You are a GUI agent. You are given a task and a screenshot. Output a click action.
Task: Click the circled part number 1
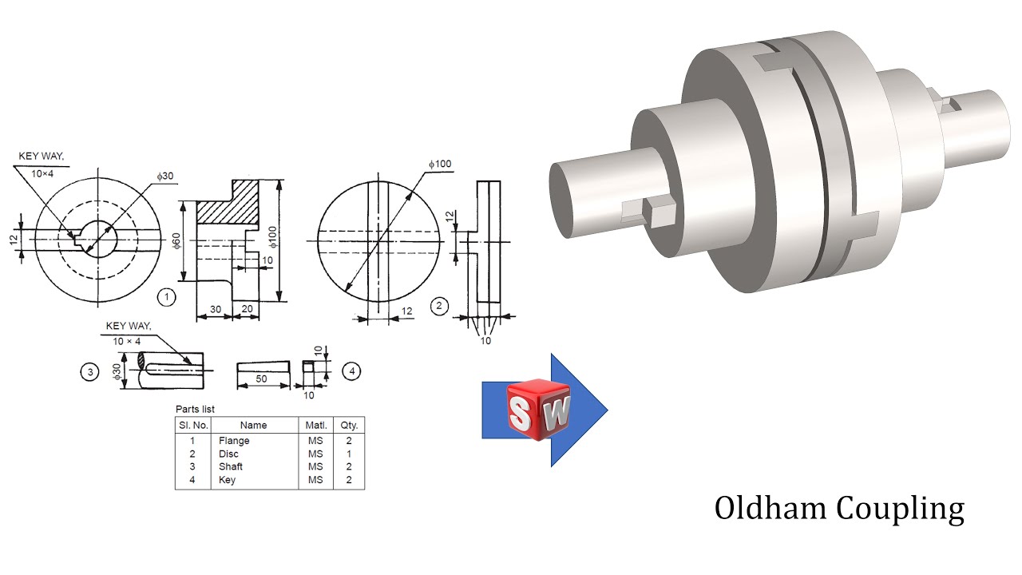click(x=166, y=298)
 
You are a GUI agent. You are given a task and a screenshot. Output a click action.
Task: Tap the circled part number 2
click(x=438, y=306)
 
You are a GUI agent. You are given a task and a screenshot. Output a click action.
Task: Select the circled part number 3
click(x=89, y=372)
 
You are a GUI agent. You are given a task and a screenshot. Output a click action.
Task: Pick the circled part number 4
click(x=351, y=371)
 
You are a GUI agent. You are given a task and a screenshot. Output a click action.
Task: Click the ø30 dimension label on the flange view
click(x=164, y=176)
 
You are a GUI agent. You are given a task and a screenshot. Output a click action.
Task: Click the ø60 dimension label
click(x=176, y=240)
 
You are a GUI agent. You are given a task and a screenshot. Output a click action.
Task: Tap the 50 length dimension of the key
click(x=261, y=379)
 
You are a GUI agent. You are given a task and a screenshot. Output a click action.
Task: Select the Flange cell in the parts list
click(x=234, y=440)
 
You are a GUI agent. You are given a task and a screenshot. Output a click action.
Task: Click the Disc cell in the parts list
click(x=228, y=454)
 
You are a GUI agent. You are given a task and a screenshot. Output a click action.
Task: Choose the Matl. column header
click(x=315, y=425)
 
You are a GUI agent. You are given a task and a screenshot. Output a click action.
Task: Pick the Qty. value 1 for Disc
click(x=349, y=454)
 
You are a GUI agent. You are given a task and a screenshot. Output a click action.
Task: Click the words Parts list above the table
click(x=195, y=409)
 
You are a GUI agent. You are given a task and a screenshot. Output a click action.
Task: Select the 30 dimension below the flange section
click(x=214, y=309)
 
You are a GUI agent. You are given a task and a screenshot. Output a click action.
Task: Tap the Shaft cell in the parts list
click(x=231, y=466)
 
